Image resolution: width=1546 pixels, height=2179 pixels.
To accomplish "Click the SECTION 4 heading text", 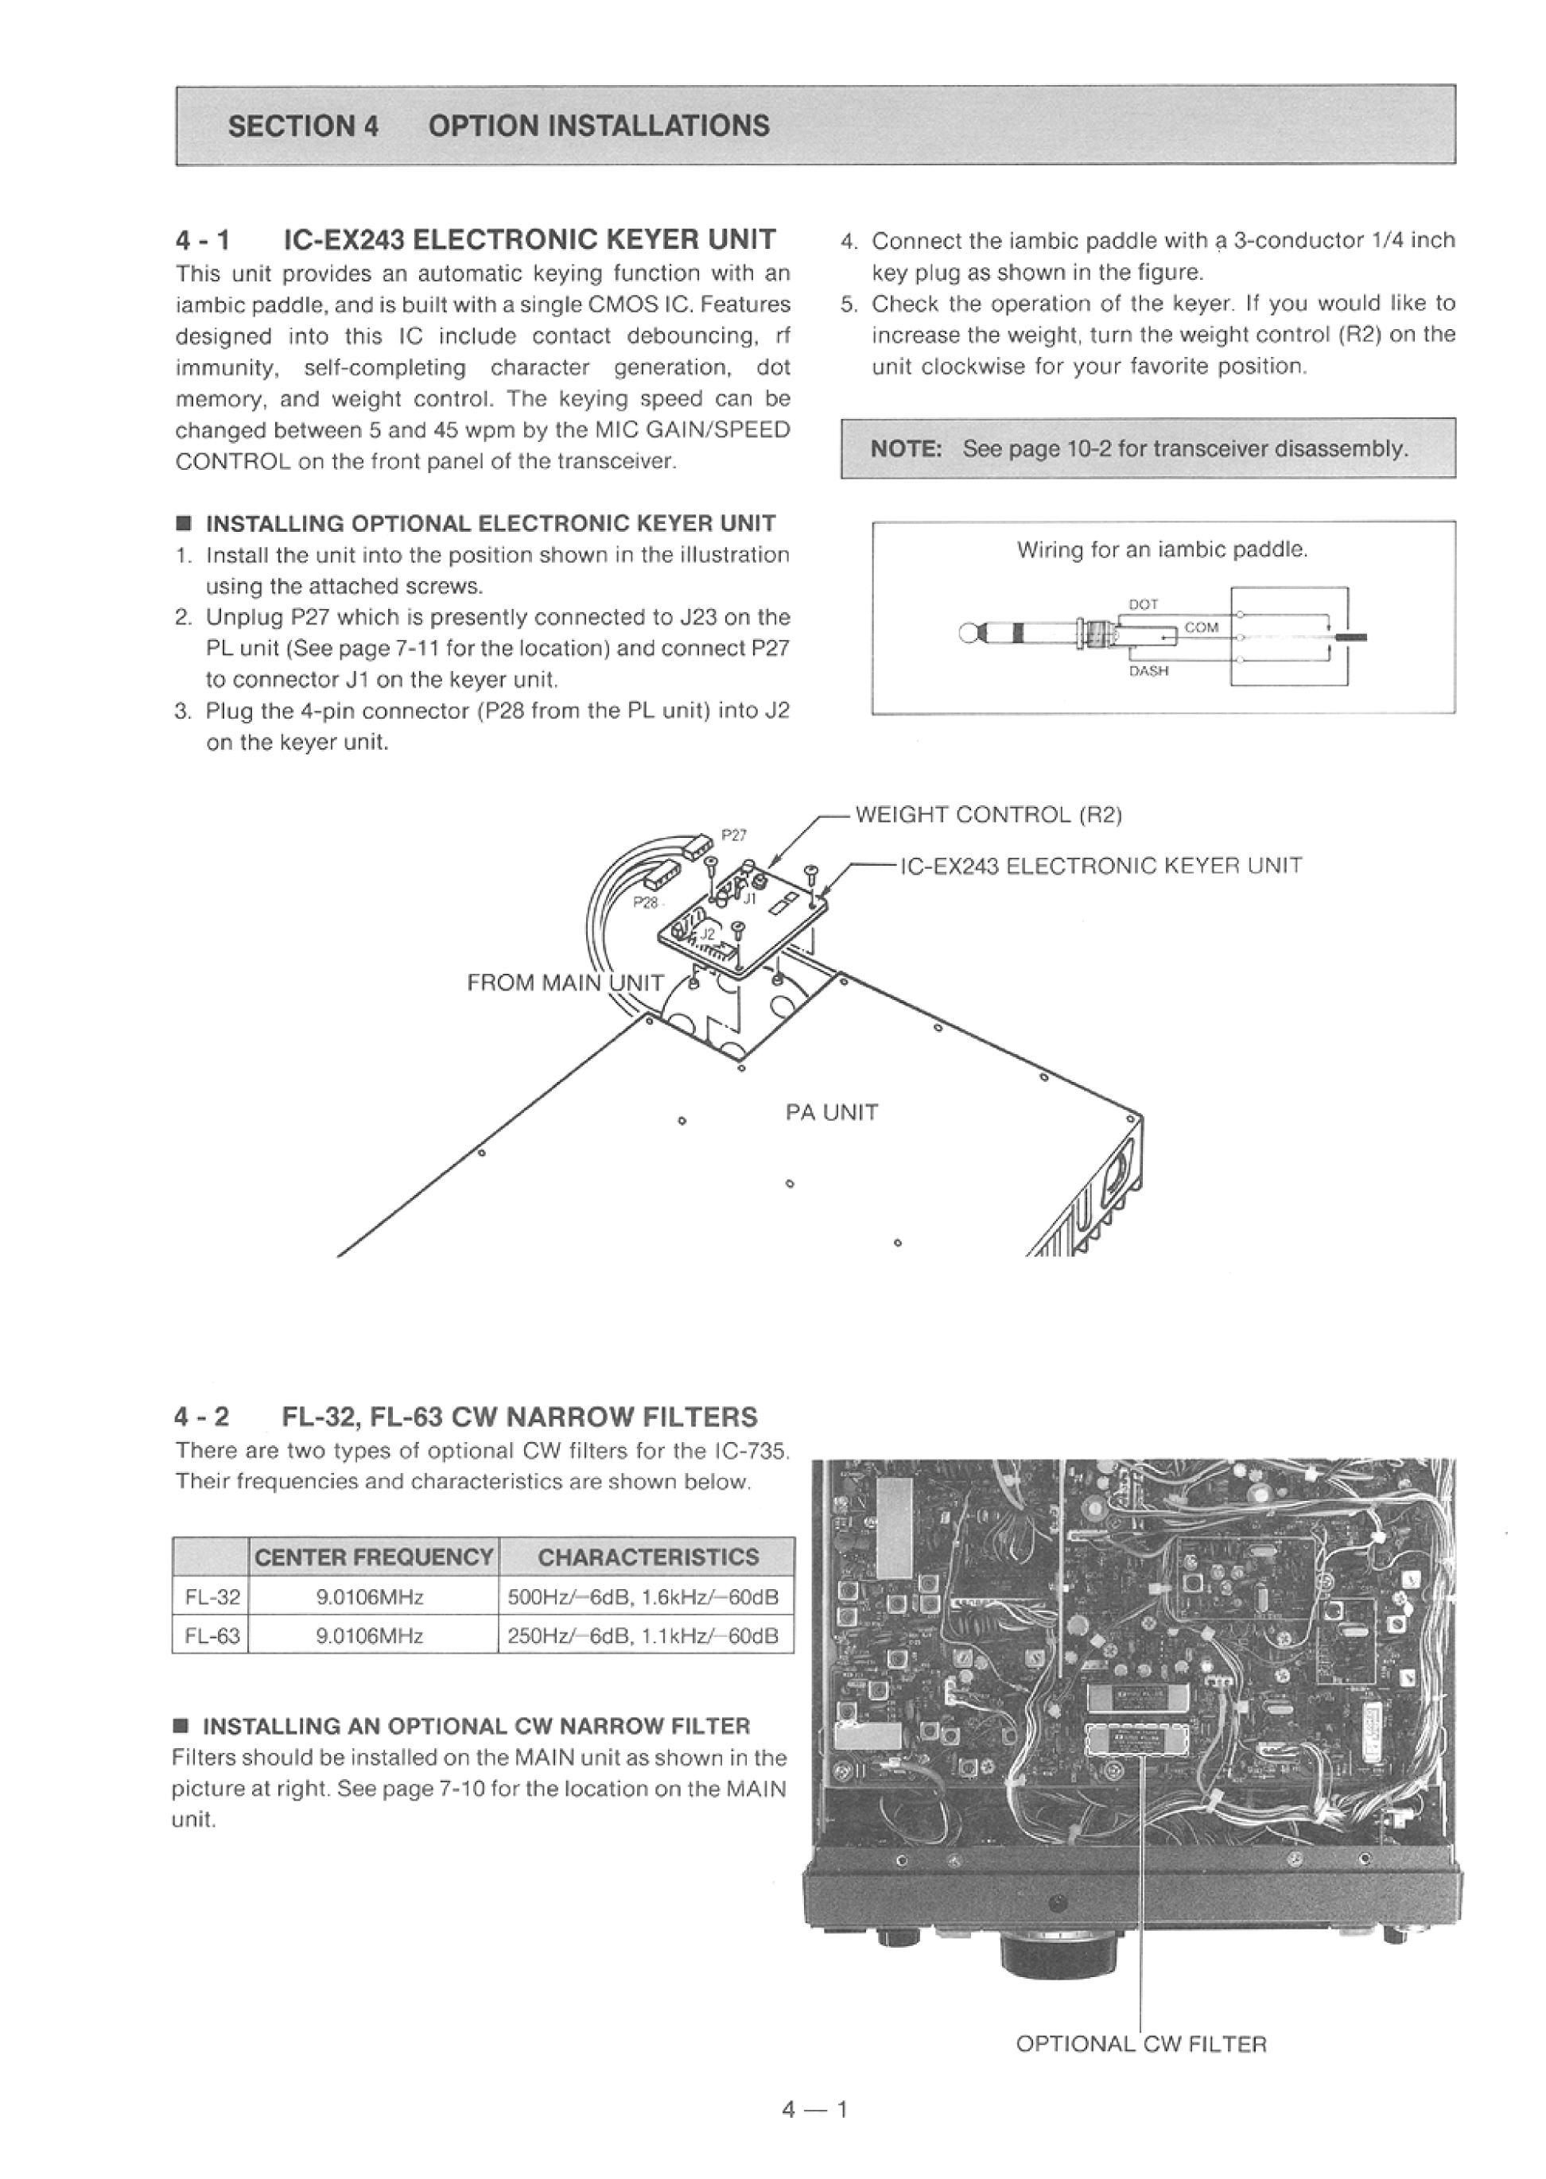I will (x=303, y=126).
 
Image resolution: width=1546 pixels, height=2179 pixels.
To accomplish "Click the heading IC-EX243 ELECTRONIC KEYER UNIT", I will (x=530, y=238).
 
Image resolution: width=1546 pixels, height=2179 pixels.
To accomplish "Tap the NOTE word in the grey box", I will (x=905, y=448).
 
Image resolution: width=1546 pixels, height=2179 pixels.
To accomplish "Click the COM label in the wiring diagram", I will (x=1202, y=628).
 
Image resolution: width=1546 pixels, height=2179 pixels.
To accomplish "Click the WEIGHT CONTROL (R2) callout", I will (x=989, y=815).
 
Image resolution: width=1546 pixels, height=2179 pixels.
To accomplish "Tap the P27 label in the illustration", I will (x=734, y=836).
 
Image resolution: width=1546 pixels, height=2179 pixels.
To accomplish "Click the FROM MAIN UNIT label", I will (x=565, y=983).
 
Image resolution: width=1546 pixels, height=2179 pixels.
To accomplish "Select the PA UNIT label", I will (x=831, y=1112).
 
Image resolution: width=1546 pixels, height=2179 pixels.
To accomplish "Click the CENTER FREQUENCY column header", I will (x=373, y=1557).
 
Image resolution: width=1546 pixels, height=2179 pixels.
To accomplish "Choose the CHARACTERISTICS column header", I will (x=648, y=1557).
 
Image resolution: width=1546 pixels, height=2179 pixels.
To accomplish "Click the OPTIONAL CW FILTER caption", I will (x=1140, y=2044).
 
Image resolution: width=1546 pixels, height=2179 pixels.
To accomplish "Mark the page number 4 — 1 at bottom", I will (x=814, y=2110).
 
